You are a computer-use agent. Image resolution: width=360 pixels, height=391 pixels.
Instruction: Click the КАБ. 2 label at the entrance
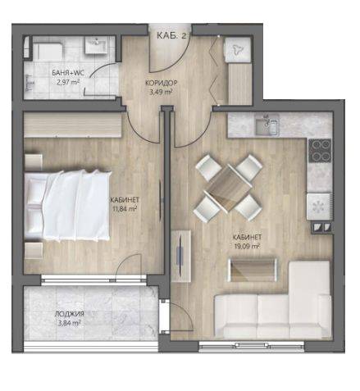(171, 35)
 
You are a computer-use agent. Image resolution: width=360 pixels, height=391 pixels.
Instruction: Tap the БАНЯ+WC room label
(68, 73)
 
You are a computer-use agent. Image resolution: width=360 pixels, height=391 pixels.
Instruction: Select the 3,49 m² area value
(161, 92)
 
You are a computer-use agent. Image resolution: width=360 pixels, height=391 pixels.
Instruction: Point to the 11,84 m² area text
(125, 210)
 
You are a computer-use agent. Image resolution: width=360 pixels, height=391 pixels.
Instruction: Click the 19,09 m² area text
(247, 246)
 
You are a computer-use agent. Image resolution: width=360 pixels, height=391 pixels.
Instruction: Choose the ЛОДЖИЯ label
(69, 314)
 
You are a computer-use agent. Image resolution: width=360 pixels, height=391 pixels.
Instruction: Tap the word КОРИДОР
(162, 83)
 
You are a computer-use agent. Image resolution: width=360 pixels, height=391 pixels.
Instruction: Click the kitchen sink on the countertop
(267, 125)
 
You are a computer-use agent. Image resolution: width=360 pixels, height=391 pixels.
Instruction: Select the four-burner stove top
(320, 150)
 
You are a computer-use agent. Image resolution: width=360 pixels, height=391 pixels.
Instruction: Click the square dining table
(229, 189)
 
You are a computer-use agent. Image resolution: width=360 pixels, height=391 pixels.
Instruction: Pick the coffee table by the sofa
(253, 270)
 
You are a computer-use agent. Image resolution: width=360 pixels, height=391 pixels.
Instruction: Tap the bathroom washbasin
(95, 45)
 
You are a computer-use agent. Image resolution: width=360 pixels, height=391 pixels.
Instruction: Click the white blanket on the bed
(76, 205)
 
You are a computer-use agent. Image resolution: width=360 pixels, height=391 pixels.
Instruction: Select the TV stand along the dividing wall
(181, 256)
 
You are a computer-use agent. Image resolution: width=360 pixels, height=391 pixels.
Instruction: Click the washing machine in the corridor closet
(237, 49)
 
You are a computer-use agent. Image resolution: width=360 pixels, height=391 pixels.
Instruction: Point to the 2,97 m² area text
(68, 82)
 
